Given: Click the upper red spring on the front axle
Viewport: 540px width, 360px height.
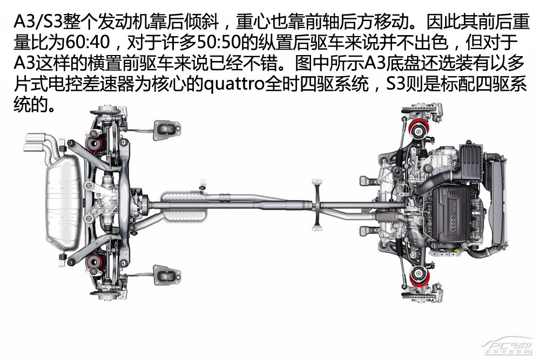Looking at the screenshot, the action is pos(419,130).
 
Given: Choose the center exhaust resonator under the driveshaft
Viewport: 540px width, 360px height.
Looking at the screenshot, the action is pos(184,206).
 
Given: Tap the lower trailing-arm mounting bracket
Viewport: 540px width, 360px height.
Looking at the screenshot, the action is pos(167,275).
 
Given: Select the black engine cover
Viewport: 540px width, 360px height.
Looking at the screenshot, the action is pos(451,215).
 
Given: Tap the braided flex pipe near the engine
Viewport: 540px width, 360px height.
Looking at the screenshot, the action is pos(388,217).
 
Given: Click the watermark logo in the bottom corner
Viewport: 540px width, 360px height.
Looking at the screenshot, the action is pos(508,347).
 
